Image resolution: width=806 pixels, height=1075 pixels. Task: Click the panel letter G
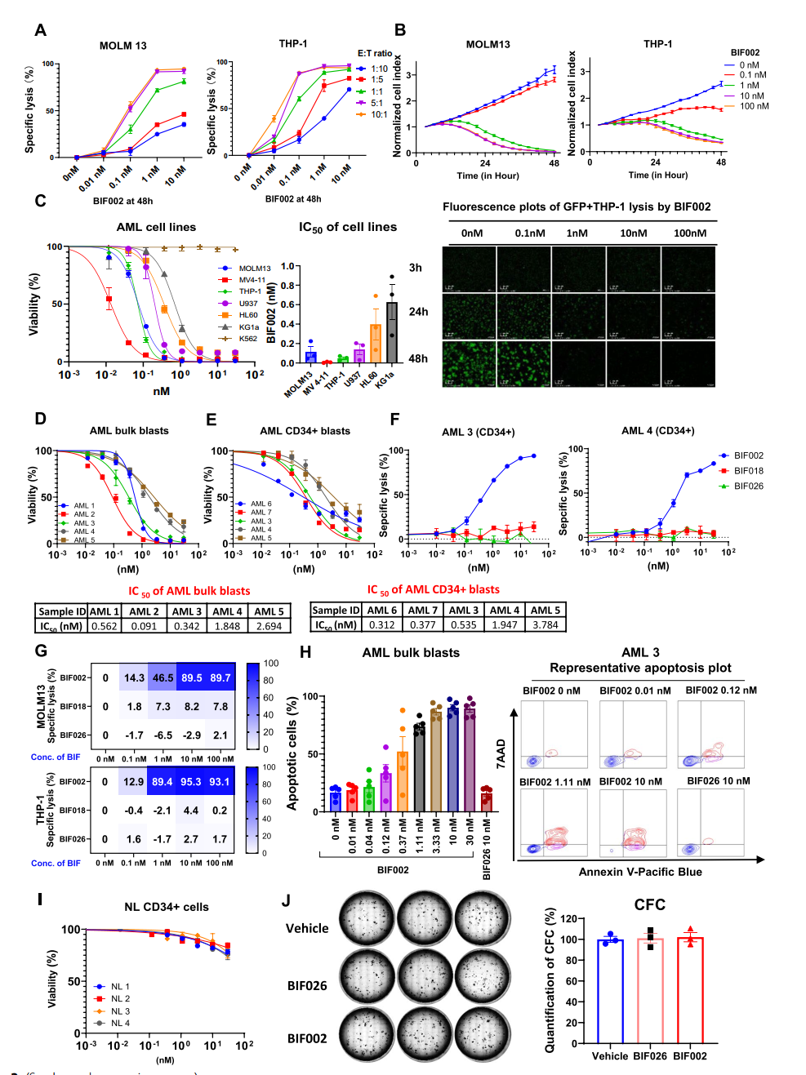coord(40,651)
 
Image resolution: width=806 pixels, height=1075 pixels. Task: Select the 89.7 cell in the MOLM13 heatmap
coord(220,677)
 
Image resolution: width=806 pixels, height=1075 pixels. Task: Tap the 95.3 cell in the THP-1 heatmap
coord(191,782)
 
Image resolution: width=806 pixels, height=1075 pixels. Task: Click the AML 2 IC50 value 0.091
coord(144,626)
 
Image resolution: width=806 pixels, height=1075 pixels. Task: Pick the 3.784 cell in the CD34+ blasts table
coord(545,624)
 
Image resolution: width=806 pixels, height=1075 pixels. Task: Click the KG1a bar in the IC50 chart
coord(392,332)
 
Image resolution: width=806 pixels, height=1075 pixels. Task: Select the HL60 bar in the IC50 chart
coord(376,343)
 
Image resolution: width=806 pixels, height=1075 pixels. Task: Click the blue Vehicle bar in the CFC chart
coord(610,991)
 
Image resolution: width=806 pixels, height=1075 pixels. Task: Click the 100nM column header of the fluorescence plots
coord(689,233)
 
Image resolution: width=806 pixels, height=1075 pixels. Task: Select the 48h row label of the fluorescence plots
coord(418,358)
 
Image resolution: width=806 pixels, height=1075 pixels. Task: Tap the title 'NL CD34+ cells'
coord(167,907)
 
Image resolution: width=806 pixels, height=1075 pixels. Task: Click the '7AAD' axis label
coord(501,753)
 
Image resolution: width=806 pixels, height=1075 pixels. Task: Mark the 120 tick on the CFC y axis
coord(569,918)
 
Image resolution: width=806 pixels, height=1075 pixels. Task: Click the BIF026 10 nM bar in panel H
coord(487,800)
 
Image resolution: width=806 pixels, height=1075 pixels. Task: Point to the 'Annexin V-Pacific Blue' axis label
coord(640,872)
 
